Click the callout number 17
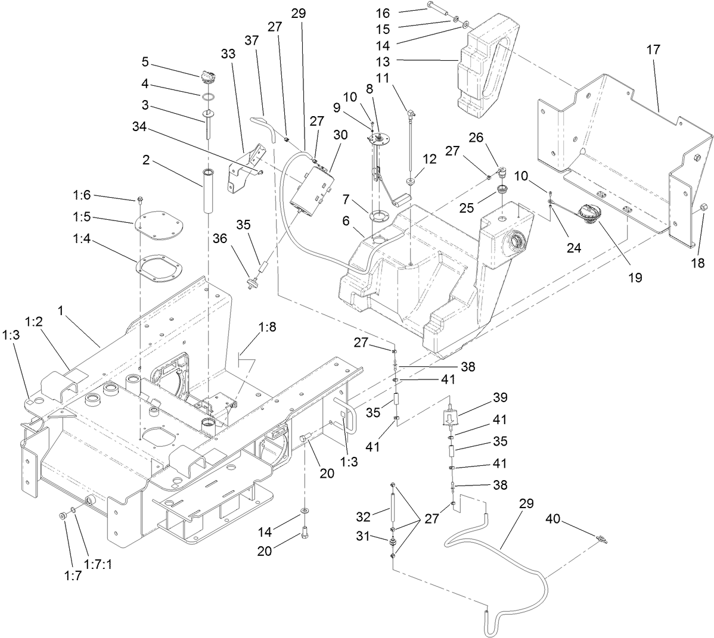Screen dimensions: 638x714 (x=653, y=50)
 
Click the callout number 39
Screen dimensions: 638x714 (x=499, y=397)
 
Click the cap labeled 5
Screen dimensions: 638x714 (x=208, y=77)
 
